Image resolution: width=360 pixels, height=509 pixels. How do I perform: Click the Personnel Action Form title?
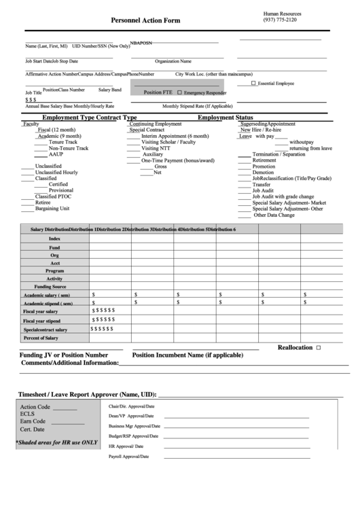pyautogui.click(x=145, y=21)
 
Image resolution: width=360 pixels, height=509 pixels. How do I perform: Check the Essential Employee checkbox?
pyautogui.click(x=254, y=83)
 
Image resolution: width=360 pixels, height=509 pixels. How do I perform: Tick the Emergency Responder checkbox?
pyautogui.click(x=179, y=92)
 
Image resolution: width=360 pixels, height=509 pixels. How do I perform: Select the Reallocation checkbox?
pyautogui.click(x=318, y=347)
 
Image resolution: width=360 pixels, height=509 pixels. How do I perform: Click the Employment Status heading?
pyautogui.click(x=225, y=118)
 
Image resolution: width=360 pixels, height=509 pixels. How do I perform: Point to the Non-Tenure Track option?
pyautogui.click(x=68, y=148)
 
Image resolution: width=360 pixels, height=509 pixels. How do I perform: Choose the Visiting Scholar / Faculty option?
pyautogui.click(x=168, y=142)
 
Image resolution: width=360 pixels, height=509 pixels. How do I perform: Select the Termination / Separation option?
pyautogui.click(x=278, y=154)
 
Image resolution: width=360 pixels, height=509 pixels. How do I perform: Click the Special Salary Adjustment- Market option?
pyautogui.click(x=289, y=203)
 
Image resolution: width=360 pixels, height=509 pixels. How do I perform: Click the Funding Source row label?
pyautogui.click(x=54, y=287)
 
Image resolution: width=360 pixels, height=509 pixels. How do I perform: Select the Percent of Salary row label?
pyautogui.click(x=41, y=338)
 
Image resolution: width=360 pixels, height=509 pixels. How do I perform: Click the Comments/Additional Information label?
pyautogui.click(x=70, y=363)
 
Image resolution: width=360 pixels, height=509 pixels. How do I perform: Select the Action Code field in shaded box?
pyautogui.click(x=35, y=406)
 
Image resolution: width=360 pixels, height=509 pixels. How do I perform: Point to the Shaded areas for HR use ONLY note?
pyautogui.click(x=57, y=442)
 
